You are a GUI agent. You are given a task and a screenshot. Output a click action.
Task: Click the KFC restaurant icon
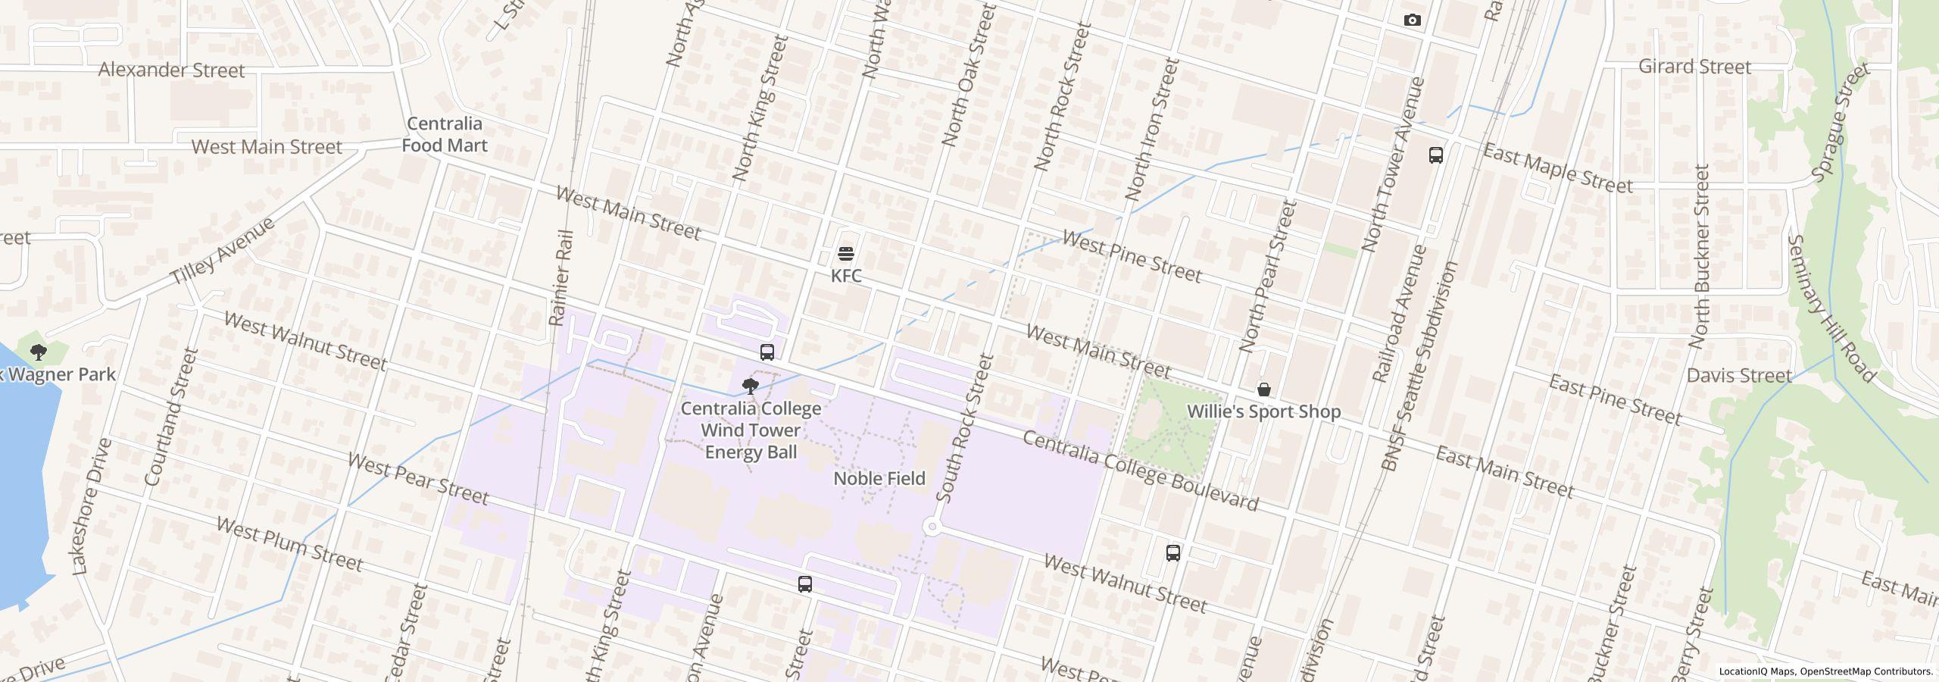click(846, 254)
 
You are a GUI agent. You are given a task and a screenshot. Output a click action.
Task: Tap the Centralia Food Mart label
click(444, 134)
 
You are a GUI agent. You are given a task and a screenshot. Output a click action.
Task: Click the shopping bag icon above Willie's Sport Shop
click(1263, 390)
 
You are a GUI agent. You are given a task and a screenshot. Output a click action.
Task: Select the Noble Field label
click(879, 478)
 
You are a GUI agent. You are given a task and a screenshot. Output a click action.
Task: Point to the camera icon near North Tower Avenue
click(1412, 20)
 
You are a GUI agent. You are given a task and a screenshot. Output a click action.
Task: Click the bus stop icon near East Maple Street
click(1435, 155)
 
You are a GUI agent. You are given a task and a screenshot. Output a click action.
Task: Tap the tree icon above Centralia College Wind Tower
click(750, 387)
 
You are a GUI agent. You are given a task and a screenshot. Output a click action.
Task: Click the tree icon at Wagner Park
click(38, 352)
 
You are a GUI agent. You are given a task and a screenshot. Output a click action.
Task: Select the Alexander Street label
click(172, 70)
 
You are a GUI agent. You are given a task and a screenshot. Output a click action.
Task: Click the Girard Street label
click(1694, 67)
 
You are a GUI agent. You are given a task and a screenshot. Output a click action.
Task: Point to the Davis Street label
click(1739, 375)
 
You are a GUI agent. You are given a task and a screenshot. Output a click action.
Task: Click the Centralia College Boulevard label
click(1140, 471)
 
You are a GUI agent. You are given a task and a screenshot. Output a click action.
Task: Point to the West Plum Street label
click(289, 544)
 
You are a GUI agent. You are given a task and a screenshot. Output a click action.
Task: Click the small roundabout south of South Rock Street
click(932, 527)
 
